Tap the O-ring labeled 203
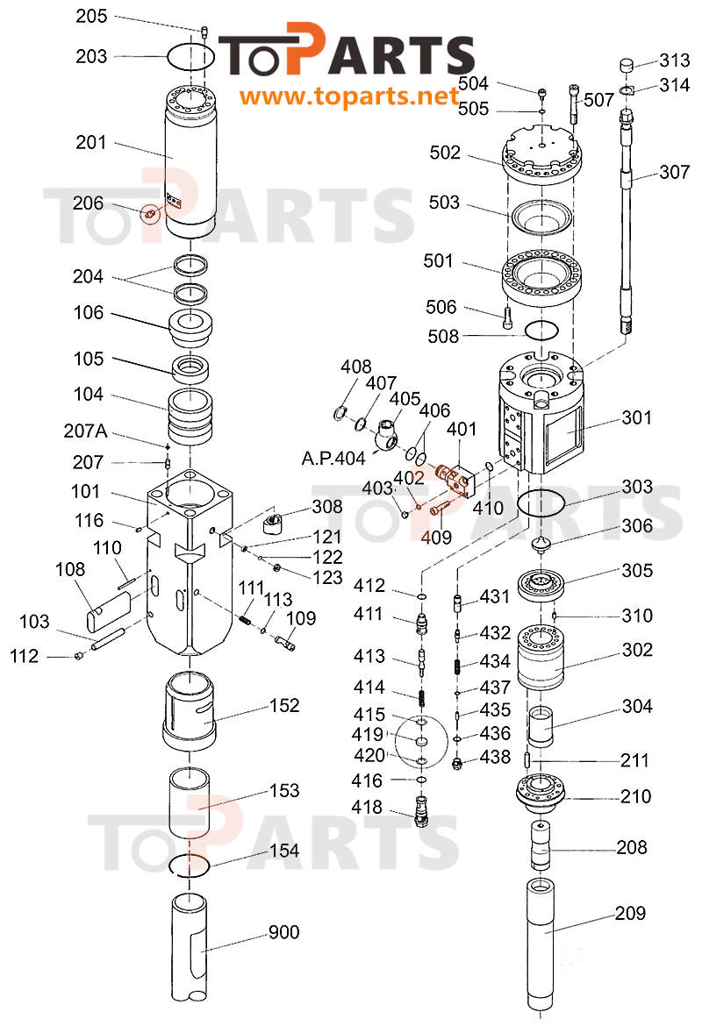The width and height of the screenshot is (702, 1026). tap(191, 57)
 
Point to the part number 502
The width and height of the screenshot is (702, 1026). tap(445, 153)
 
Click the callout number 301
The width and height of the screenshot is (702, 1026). tap(637, 417)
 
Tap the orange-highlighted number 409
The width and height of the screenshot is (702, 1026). tap(440, 536)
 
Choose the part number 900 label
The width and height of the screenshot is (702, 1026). tap(283, 932)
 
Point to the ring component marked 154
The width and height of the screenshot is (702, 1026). tap(187, 863)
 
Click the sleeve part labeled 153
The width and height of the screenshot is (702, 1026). tap(189, 802)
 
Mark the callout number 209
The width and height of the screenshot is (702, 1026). tap(630, 913)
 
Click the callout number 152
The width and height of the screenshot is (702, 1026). tap(283, 706)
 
